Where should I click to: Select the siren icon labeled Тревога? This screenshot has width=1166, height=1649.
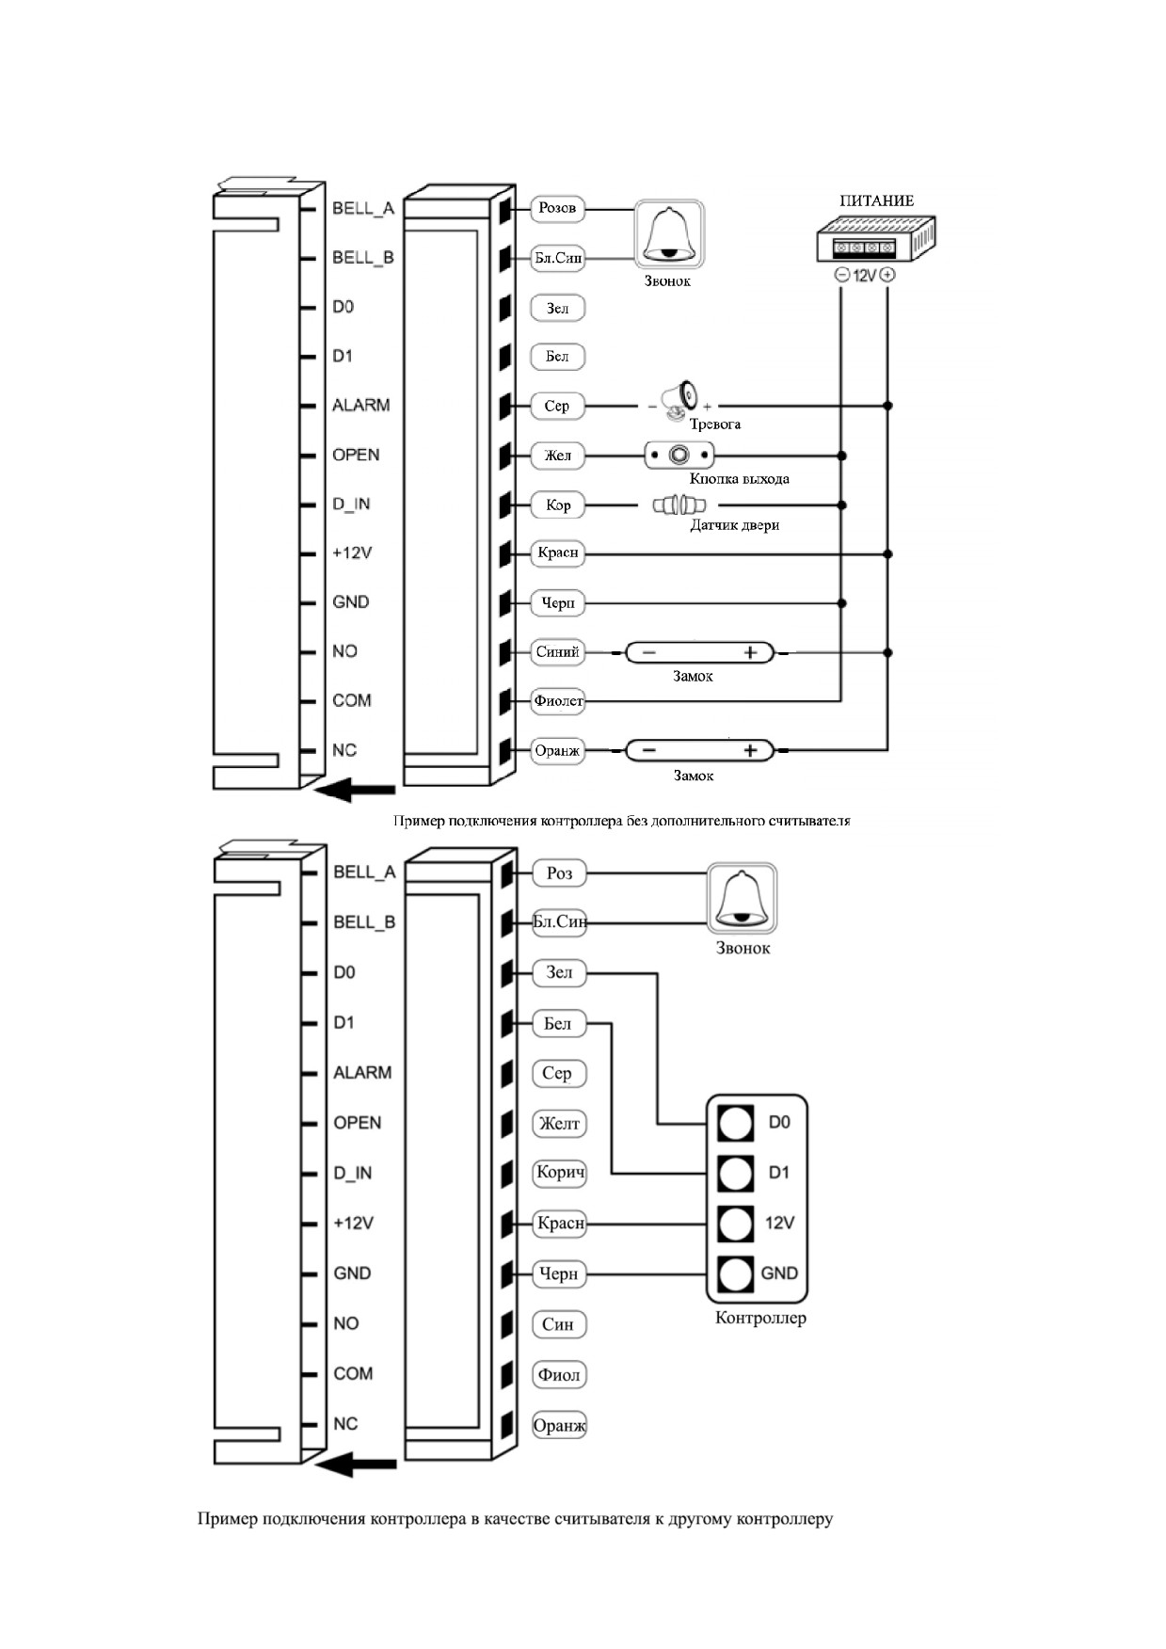[678, 399]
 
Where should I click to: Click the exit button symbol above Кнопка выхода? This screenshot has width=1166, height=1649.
[679, 456]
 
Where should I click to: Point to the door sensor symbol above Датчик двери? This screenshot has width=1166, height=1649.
[679, 505]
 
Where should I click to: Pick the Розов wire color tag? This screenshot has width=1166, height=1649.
[558, 208]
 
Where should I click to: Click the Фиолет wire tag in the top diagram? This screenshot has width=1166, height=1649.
[558, 701]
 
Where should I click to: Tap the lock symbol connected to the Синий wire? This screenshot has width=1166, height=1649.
[699, 652]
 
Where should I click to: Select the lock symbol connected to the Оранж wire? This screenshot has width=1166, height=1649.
[699, 751]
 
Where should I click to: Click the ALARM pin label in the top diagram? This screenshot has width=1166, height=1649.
[360, 406]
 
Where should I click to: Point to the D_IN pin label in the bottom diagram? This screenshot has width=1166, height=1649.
[352, 1174]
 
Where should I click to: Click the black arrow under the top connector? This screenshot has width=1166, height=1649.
[355, 790]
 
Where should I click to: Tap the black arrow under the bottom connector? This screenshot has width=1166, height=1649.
[355, 1465]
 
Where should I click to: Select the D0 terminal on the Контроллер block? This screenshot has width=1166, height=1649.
[735, 1123]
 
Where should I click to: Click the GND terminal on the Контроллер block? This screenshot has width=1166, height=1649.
[735, 1274]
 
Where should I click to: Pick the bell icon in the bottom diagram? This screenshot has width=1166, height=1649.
[743, 899]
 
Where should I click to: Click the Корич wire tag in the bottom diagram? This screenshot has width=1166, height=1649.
[559, 1174]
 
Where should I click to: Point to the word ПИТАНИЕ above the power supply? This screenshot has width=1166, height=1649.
[877, 200]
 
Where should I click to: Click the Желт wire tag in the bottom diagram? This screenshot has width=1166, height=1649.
[559, 1124]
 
